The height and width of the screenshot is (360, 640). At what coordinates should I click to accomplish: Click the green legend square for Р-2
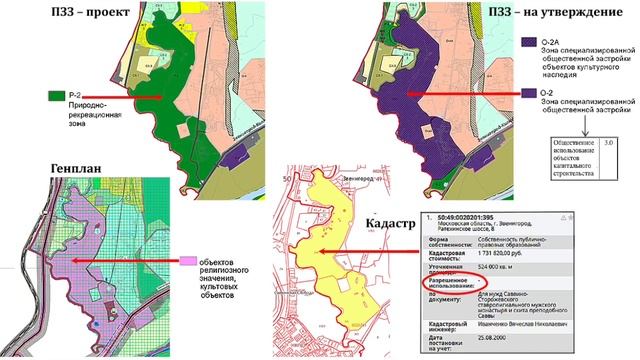pyautogui.click(x=56, y=95)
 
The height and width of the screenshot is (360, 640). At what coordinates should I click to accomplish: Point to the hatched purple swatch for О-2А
pyautogui.click(x=527, y=44)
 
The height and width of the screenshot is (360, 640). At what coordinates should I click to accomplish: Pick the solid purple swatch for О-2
pyautogui.click(x=527, y=94)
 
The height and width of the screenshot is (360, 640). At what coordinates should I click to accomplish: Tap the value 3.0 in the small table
pyautogui.click(x=609, y=144)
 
